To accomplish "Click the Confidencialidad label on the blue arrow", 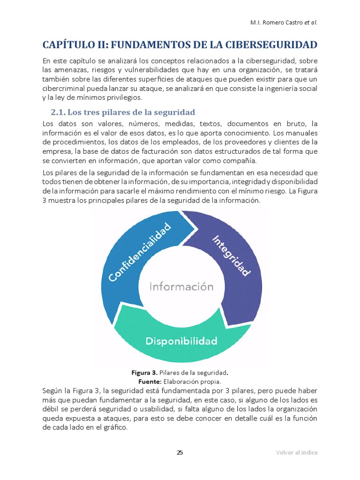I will [140, 252].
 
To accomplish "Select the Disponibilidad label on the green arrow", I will [181, 341].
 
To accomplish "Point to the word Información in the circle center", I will [181, 286].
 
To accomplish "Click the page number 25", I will [180, 452].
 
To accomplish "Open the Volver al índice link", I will [296, 452].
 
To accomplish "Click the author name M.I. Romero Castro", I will [275, 23].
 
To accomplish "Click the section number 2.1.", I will [59, 112].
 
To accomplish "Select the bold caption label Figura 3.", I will [144, 373].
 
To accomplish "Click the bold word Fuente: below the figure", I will [143, 382].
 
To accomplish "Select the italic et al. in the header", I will [310, 23].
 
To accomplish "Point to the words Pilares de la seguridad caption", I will [193, 373].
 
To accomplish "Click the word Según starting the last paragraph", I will [52, 391].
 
